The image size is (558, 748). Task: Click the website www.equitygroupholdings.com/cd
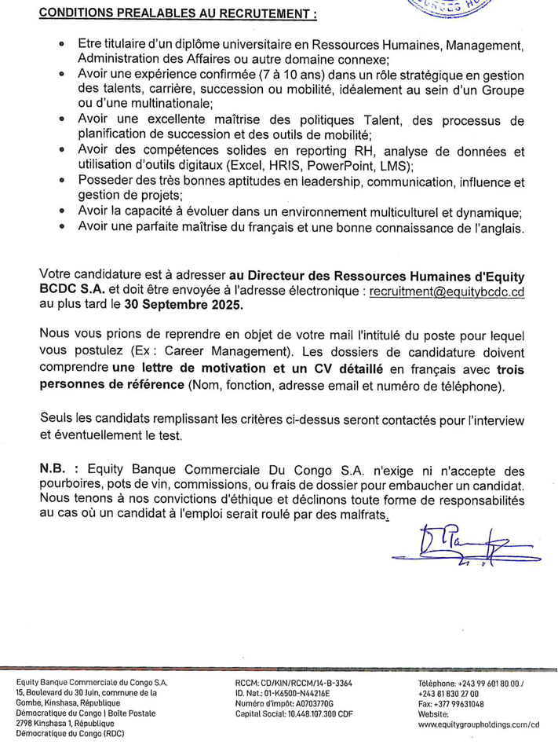(x=480, y=725)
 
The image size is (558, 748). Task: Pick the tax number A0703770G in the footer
(x=307, y=705)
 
